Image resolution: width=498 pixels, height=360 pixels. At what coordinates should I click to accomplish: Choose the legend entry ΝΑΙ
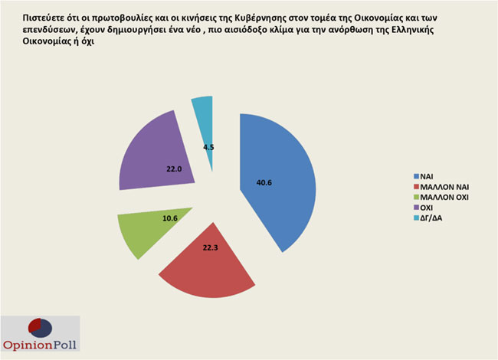click(x=424, y=175)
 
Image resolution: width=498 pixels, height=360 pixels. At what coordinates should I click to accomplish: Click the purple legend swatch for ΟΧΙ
click(x=414, y=208)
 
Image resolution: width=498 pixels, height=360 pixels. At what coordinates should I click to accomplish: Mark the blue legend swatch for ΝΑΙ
click(x=414, y=175)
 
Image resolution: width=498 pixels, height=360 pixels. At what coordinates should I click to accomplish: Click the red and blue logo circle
click(x=40, y=326)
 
